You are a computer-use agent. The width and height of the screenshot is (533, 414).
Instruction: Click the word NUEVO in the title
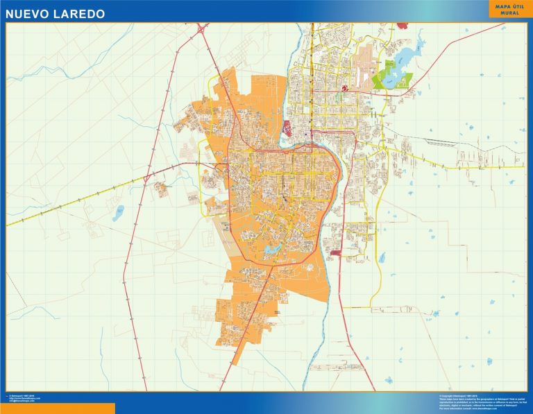[29, 14]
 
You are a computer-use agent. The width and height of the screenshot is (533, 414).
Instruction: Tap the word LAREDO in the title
[81, 14]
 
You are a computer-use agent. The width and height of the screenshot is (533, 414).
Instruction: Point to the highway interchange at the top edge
[202, 29]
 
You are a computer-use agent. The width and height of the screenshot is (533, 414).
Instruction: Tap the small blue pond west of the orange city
[119, 212]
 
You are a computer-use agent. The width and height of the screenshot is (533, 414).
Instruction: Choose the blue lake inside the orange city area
[271, 248]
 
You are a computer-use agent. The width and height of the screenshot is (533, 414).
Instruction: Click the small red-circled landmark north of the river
[344, 88]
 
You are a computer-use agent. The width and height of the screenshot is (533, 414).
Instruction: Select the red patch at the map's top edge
[402, 26]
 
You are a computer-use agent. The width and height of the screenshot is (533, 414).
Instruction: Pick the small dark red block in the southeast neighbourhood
[336, 254]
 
